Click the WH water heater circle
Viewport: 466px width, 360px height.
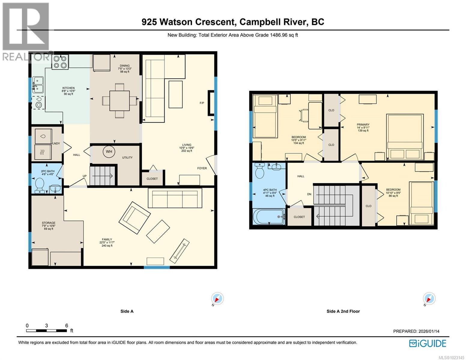pyautogui.click(x=109, y=151)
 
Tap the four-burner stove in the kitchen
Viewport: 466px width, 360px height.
pyautogui.click(x=60, y=62)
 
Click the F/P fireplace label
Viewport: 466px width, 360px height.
pyautogui.click(x=202, y=103)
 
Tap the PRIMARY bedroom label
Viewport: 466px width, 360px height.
pyautogui.click(x=363, y=124)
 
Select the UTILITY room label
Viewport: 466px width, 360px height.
pyautogui.click(x=127, y=157)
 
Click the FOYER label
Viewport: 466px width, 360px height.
pyautogui.click(x=202, y=168)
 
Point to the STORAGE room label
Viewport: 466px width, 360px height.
pyautogui.click(x=48, y=223)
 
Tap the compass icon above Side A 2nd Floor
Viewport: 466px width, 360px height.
pyautogui.click(x=429, y=299)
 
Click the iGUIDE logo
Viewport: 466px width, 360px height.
pyautogui.click(x=428, y=343)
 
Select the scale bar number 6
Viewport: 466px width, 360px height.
pyautogui.click(x=66, y=325)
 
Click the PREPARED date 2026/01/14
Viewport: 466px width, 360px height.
pyautogui.click(x=428, y=331)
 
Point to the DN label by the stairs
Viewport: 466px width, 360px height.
pyautogui.click(x=309, y=194)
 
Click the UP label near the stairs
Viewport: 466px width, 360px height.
pyautogui.click(x=85, y=176)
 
